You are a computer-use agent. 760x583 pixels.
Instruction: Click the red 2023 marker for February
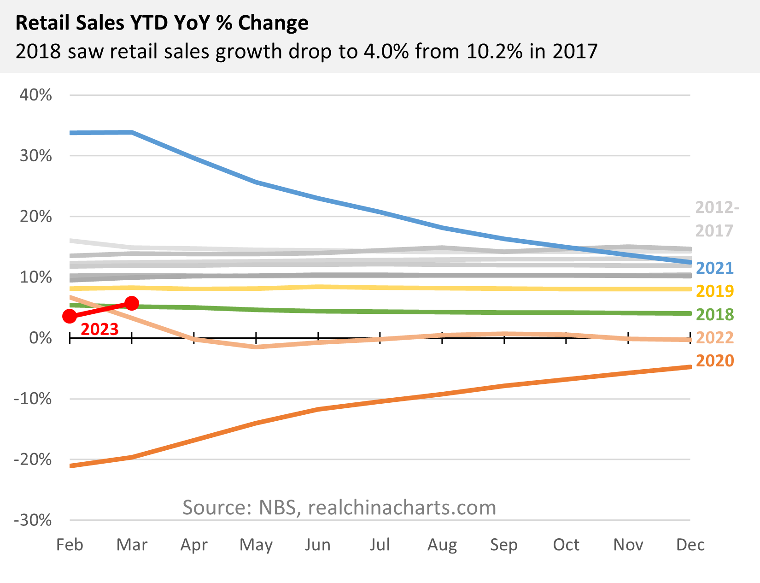[70, 316]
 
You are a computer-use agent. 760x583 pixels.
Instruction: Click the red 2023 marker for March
[132, 303]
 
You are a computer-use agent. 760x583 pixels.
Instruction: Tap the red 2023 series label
[100, 329]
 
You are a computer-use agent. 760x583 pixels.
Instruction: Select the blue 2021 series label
[714, 268]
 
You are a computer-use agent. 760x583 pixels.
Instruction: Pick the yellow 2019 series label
[714, 291]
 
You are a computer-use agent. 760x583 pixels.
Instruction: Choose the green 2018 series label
[714, 314]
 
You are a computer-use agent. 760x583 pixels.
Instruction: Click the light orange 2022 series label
[714, 337]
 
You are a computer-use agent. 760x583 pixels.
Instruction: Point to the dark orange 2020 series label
[714, 360]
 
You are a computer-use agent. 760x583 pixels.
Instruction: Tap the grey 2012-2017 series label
[716, 219]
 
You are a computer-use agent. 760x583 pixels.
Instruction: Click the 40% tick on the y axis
[35, 95]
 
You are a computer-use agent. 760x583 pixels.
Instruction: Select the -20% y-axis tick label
[32, 459]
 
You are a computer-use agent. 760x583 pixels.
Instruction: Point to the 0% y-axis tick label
[41, 338]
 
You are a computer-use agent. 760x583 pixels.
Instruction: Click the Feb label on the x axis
[70, 545]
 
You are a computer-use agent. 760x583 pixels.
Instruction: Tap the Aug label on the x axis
[442, 545]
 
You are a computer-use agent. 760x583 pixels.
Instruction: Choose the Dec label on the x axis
[690, 545]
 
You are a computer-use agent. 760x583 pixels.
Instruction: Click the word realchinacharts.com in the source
[402, 507]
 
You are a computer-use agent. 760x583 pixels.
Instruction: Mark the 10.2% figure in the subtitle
[494, 51]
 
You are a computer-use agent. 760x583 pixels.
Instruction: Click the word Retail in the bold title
[42, 23]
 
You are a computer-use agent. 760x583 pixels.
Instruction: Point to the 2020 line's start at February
[70, 466]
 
